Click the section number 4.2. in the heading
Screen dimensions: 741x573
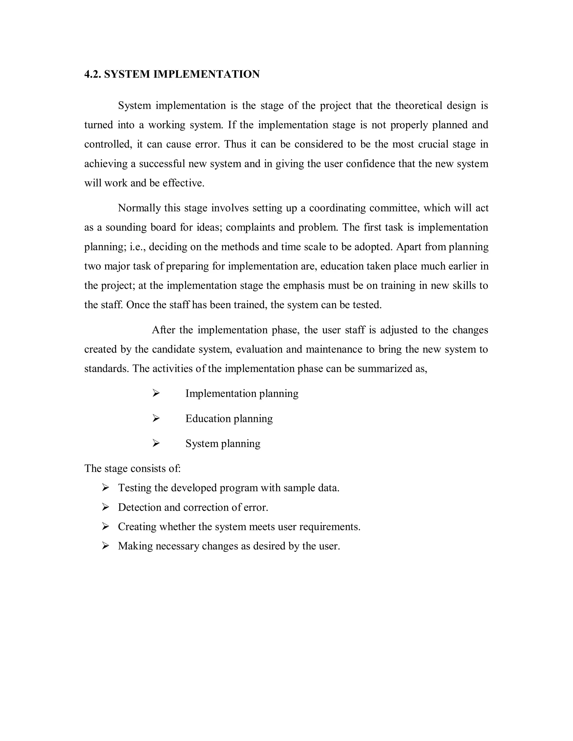pyautogui.click(x=93, y=74)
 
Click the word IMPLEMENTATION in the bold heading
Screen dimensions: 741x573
pyautogui.click(x=206, y=74)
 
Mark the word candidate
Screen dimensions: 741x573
pyautogui.click(x=173, y=349)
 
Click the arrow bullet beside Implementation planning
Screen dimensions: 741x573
pyautogui.click(x=156, y=394)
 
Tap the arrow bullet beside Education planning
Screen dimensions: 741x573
pyautogui.click(x=156, y=419)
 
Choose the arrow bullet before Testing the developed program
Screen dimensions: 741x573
pyautogui.click(x=105, y=488)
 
